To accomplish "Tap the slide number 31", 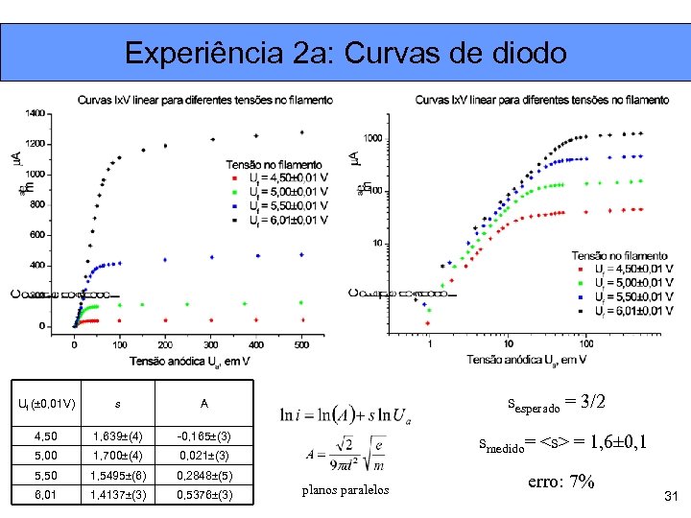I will (671, 495).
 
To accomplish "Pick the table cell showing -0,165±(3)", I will (203, 436).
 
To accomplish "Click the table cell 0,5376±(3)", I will (204, 495).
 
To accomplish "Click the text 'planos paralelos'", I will (345, 490).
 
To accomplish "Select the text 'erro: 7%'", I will (561, 482).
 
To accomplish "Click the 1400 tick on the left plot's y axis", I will (36, 113).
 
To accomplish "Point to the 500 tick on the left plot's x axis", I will (301, 343).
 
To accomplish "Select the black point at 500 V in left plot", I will (302, 132).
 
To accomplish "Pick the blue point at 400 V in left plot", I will (256, 256).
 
